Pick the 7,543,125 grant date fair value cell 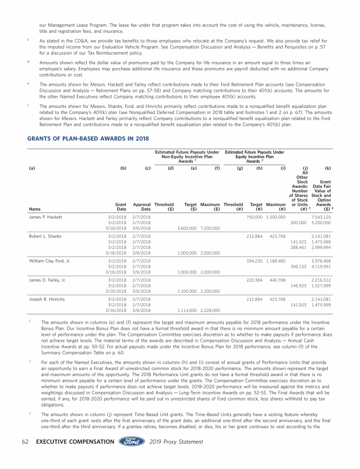tap(321, 217)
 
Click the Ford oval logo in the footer tap(132, 442)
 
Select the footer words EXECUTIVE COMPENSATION tap(75, 442)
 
